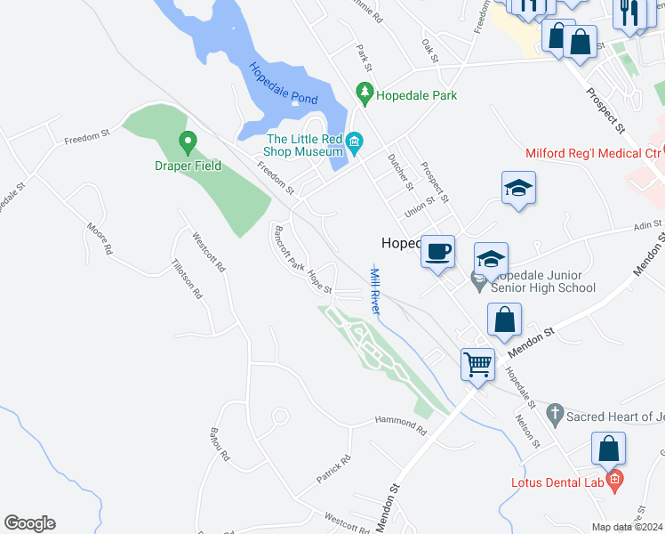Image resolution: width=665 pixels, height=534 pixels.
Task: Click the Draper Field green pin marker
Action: point(188,142)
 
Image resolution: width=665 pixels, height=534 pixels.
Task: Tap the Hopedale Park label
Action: point(416,94)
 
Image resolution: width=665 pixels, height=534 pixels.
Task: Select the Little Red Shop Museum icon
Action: point(354,142)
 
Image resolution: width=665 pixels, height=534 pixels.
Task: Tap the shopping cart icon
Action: point(478,363)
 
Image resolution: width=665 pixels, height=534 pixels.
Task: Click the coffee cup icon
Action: point(437,252)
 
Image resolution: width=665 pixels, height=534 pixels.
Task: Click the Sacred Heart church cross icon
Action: point(556,412)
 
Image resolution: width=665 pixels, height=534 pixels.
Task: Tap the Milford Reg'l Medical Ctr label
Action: point(593,154)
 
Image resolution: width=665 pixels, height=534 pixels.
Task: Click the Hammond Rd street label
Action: point(401,426)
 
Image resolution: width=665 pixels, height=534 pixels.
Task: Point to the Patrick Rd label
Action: point(334,469)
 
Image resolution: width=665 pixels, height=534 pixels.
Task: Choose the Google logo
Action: point(29,523)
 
